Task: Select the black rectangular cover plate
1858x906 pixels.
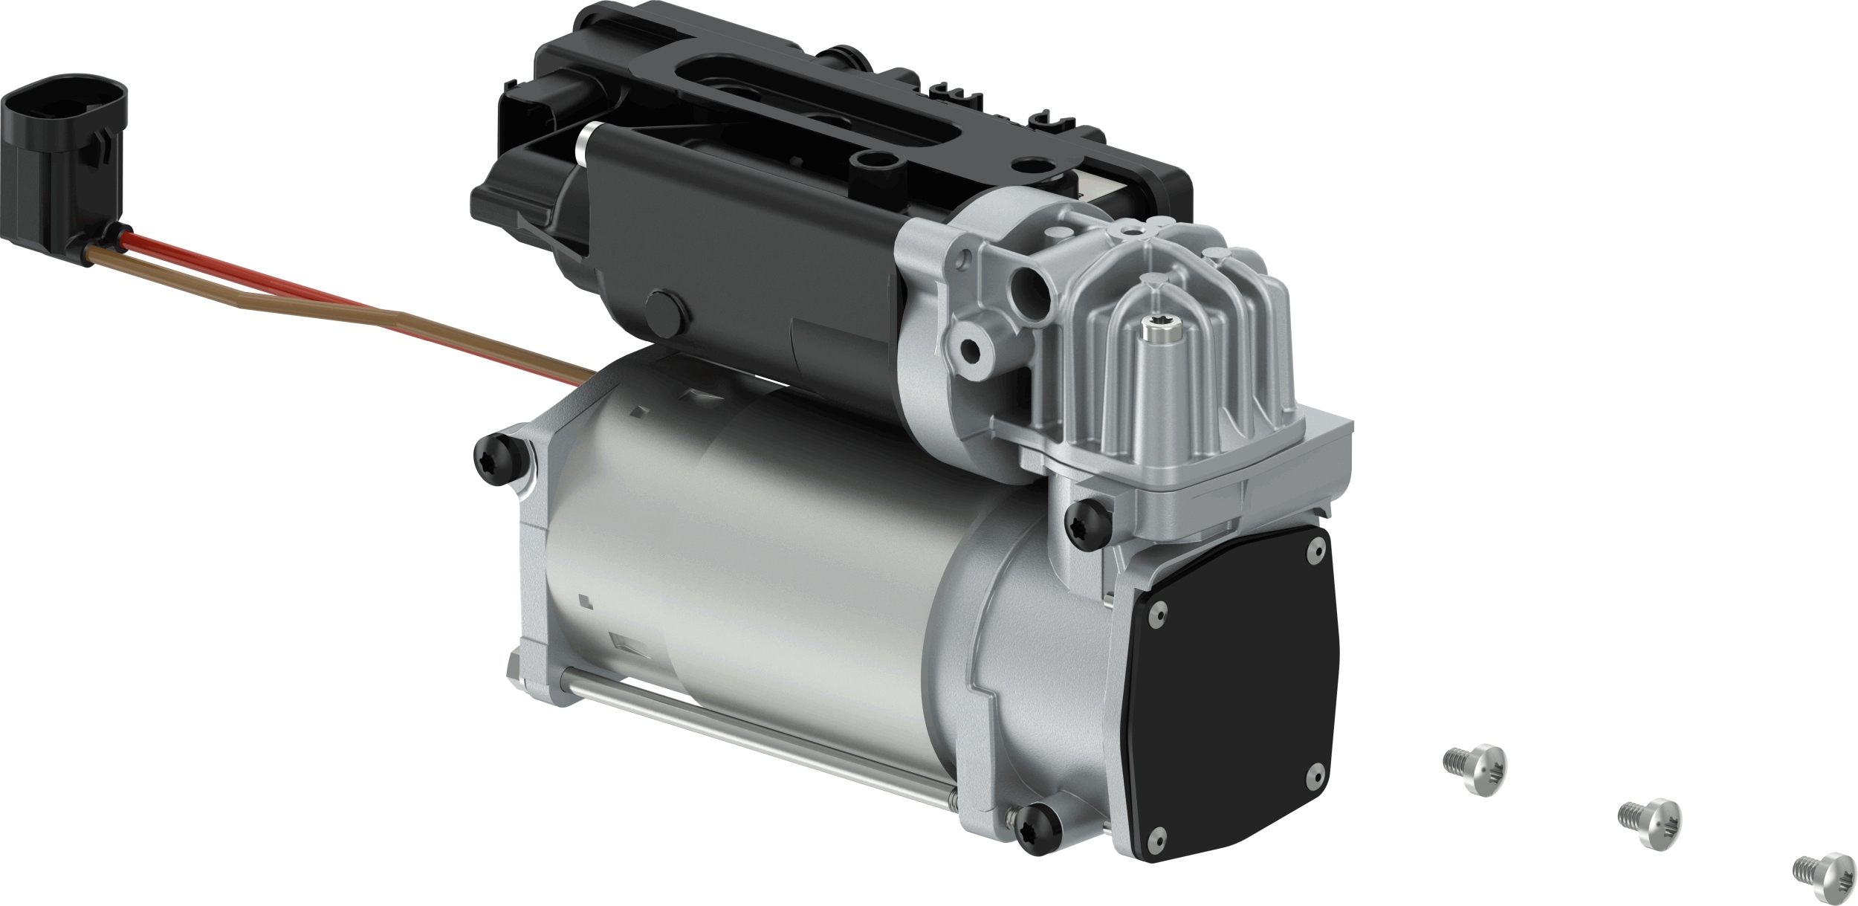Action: coord(1226,684)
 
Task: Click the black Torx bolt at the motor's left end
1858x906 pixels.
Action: coord(491,460)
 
